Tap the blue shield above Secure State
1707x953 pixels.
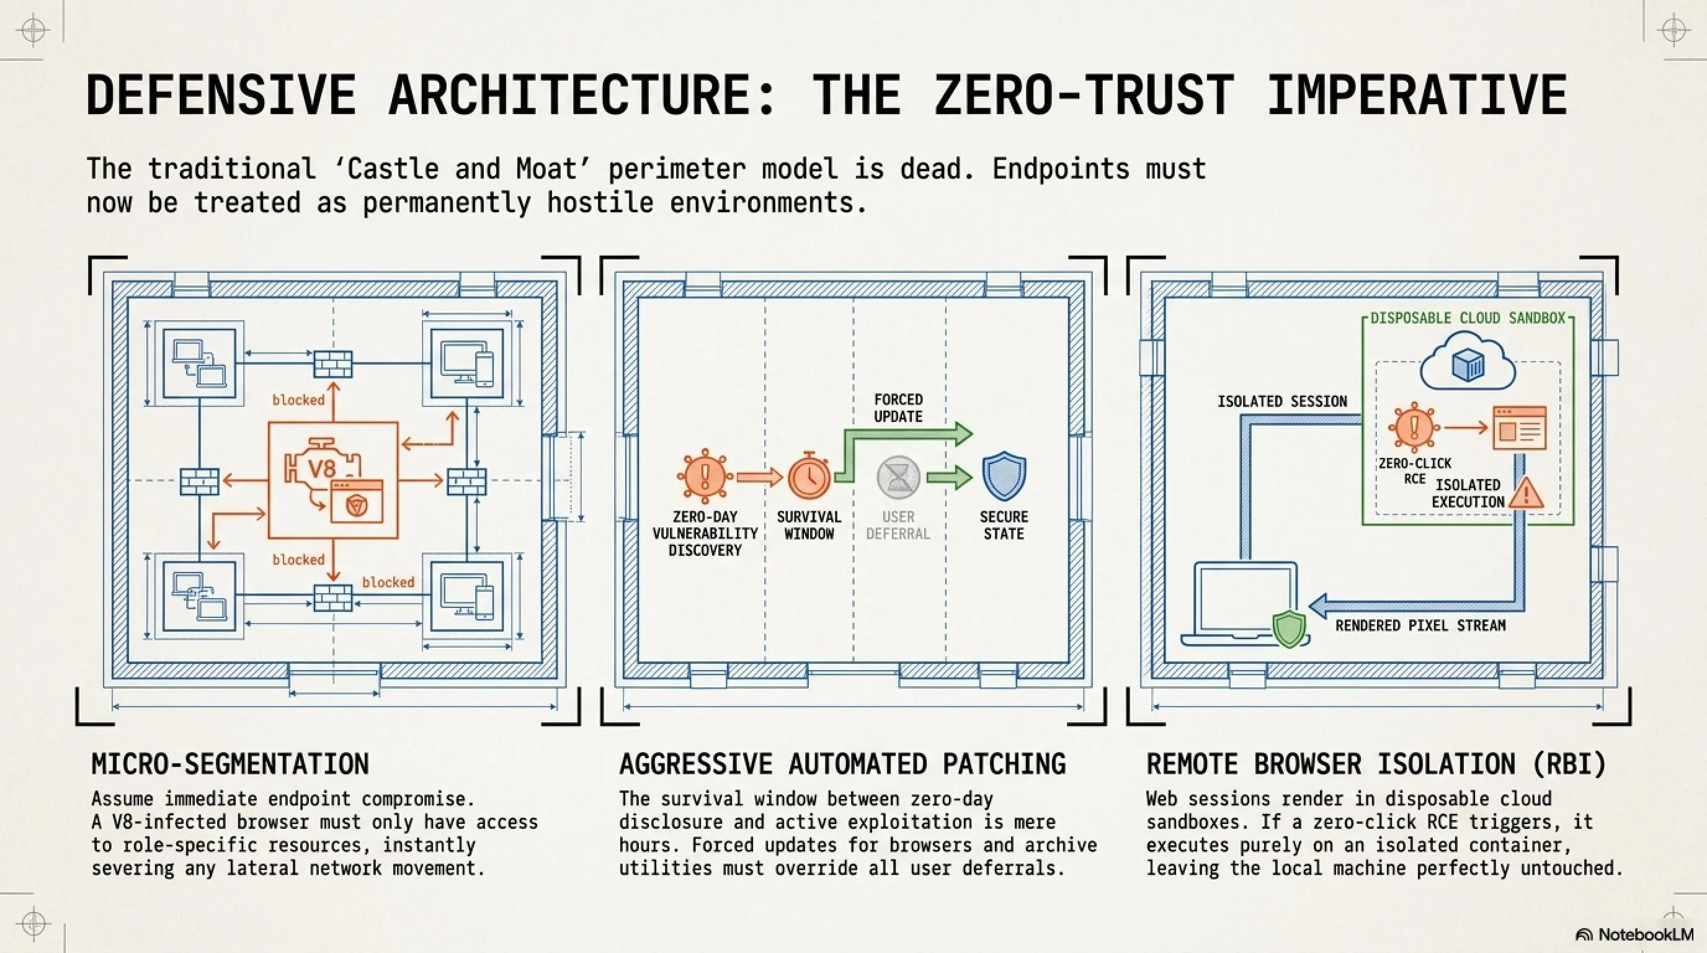[x=1004, y=476]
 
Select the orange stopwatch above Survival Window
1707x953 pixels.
[x=809, y=475]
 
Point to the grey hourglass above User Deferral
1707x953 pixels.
[x=898, y=476]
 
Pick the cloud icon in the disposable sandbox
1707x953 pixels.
[x=1467, y=362]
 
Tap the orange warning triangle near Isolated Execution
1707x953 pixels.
[x=1526, y=494]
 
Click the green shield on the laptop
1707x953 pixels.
[x=1289, y=629]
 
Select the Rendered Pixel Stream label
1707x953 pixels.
[x=1420, y=625]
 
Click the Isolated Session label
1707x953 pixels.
[x=1282, y=401]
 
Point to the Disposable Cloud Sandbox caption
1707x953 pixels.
[x=1468, y=318]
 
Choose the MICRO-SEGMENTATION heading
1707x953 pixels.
[x=230, y=764]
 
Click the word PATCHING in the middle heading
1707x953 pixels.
[x=1004, y=764]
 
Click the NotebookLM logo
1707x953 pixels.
[x=1634, y=934]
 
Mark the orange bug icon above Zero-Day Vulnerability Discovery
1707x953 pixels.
[x=705, y=475]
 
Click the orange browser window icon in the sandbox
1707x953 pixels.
[x=1520, y=429]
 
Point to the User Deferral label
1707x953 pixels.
[x=898, y=525]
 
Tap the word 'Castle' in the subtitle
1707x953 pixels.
[x=392, y=169]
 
